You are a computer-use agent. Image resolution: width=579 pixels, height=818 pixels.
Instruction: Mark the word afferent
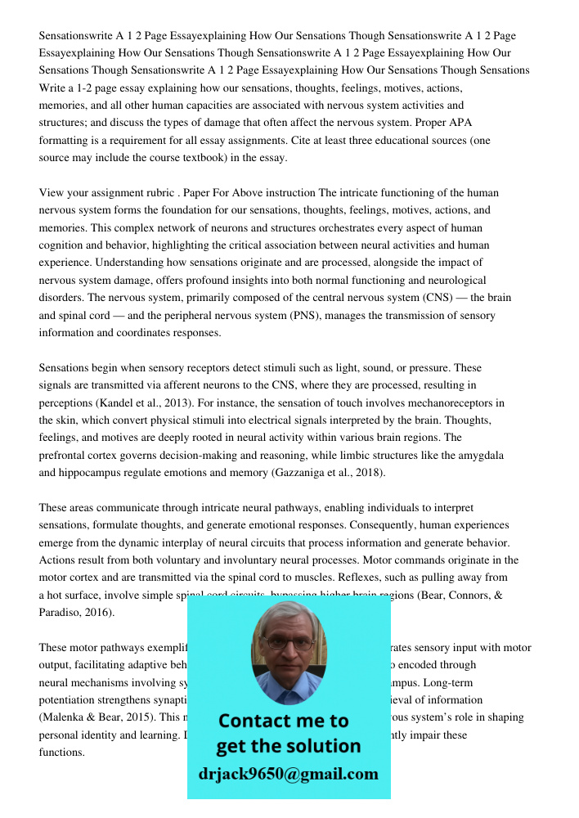(x=176, y=385)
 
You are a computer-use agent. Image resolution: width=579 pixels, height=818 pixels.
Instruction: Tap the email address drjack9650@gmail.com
(x=288, y=774)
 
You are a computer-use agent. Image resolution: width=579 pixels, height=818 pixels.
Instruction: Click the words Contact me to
(x=283, y=721)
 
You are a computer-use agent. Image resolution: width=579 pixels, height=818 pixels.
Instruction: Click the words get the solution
(x=288, y=746)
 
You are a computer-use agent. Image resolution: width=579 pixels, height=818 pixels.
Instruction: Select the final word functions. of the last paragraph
(x=62, y=752)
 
